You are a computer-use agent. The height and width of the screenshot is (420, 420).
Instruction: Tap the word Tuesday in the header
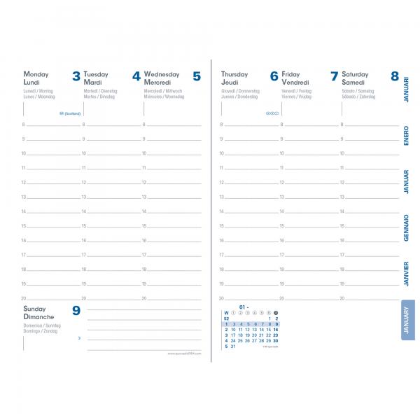(x=96, y=73)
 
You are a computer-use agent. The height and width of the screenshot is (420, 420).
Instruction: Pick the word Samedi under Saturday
(x=354, y=82)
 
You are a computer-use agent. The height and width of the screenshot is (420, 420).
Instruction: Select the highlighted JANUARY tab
(x=407, y=321)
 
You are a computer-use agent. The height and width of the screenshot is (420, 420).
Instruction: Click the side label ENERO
(x=407, y=135)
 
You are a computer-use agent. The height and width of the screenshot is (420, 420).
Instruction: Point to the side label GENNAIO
(x=407, y=227)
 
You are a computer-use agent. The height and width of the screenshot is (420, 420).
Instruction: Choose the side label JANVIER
(x=407, y=274)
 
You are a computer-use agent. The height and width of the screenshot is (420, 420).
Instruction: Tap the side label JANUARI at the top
(x=407, y=90)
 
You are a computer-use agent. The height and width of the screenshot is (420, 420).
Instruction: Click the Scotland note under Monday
(x=71, y=113)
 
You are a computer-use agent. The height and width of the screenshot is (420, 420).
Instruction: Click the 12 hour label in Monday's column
(x=24, y=183)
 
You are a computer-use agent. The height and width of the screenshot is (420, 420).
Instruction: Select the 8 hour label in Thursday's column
(x=222, y=125)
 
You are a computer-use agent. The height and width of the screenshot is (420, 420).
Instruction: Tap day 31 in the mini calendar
(x=232, y=346)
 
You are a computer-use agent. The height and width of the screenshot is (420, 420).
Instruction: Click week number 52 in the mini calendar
(x=226, y=318)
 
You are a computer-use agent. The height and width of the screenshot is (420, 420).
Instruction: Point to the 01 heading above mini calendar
(x=243, y=307)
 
